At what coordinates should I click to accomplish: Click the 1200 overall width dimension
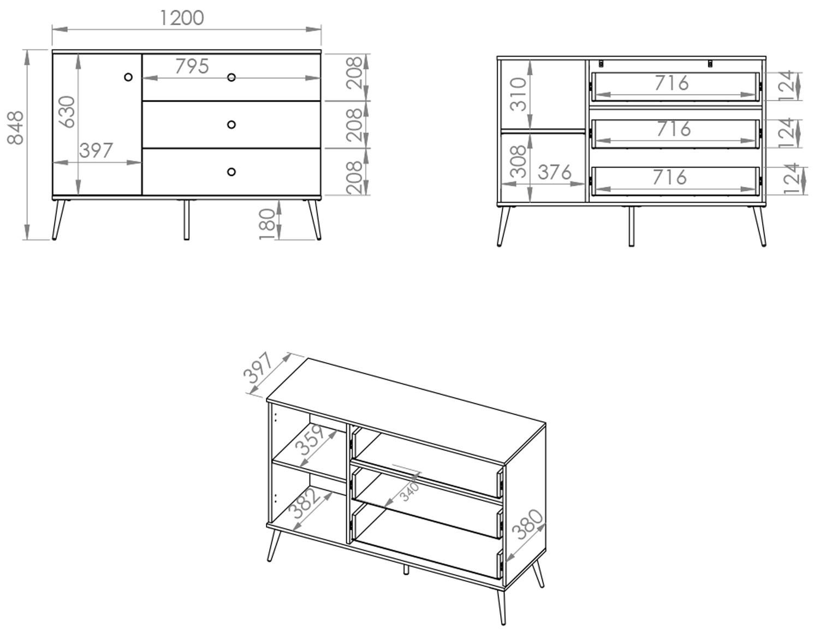[182, 18]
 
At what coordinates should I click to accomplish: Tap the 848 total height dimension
[16, 128]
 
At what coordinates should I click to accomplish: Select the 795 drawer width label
[192, 66]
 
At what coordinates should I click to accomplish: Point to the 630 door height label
[68, 112]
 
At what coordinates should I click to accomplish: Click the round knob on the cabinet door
[128, 77]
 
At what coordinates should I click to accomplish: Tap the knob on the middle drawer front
[232, 125]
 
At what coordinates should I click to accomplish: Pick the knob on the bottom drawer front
[232, 172]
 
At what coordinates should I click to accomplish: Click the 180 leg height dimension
[267, 225]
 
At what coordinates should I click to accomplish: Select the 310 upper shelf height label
[518, 95]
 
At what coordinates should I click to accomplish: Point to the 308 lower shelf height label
[519, 162]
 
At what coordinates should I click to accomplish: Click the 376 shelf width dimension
[555, 172]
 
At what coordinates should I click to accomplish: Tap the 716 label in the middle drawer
[674, 129]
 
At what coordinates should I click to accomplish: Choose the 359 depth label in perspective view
[310, 439]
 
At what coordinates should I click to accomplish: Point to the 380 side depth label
[527, 524]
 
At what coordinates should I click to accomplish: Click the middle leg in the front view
[186, 220]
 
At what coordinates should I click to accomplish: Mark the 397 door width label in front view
[96, 151]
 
